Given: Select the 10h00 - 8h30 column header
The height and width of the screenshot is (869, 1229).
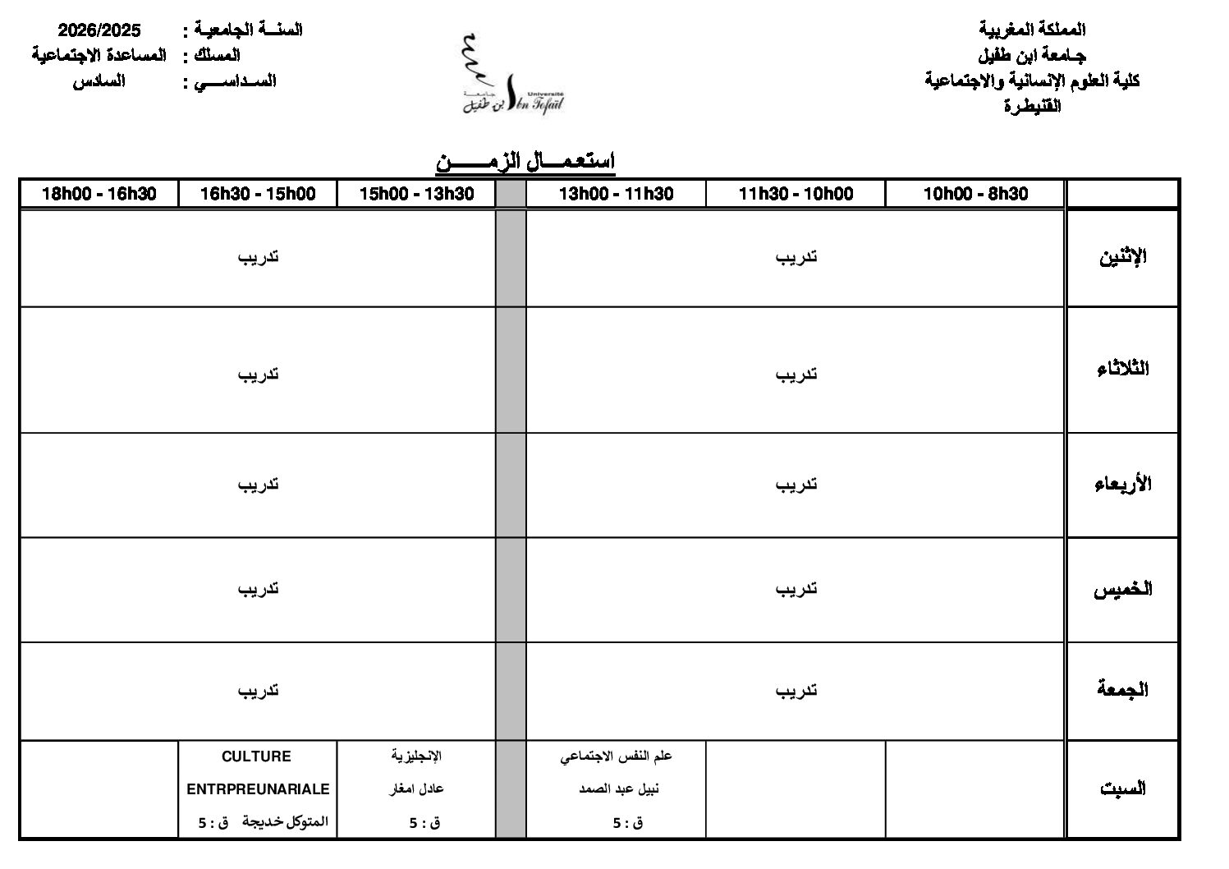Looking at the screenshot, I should click(x=975, y=194).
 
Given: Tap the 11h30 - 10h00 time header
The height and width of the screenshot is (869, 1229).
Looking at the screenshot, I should click(x=796, y=194).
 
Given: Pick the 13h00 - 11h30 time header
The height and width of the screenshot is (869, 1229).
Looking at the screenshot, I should click(x=616, y=194).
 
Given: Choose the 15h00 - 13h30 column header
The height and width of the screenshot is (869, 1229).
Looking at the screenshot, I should click(x=416, y=194).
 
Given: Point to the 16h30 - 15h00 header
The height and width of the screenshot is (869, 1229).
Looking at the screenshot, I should click(x=258, y=194).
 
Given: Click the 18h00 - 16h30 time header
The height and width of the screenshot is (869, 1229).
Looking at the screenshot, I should click(x=99, y=194).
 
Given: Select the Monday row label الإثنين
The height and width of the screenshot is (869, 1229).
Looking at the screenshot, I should click(x=1122, y=257).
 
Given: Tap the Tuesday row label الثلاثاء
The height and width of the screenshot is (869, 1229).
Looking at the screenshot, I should click(x=1122, y=369).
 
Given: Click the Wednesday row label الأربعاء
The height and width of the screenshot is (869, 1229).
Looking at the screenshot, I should click(x=1122, y=484).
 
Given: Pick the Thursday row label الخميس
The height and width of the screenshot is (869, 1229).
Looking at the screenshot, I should click(x=1122, y=590).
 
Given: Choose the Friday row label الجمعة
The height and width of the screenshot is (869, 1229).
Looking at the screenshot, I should click(x=1122, y=690).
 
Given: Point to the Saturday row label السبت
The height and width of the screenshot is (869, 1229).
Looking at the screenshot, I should click(x=1122, y=789).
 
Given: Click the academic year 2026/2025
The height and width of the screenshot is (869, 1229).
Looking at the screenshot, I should click(x=99, y=30).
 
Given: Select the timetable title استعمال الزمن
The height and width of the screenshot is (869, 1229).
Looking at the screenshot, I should click(x=525, y=161).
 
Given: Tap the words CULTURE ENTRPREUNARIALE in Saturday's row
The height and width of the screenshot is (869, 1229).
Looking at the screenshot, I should click(x=258, y=772).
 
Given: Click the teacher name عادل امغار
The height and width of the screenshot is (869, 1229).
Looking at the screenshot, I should click(x=416, y=789).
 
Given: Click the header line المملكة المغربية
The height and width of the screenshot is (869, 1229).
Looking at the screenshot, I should click(x=1033, y=30).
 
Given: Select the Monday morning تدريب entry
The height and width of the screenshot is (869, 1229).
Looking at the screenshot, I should click(x=796, y=257).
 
